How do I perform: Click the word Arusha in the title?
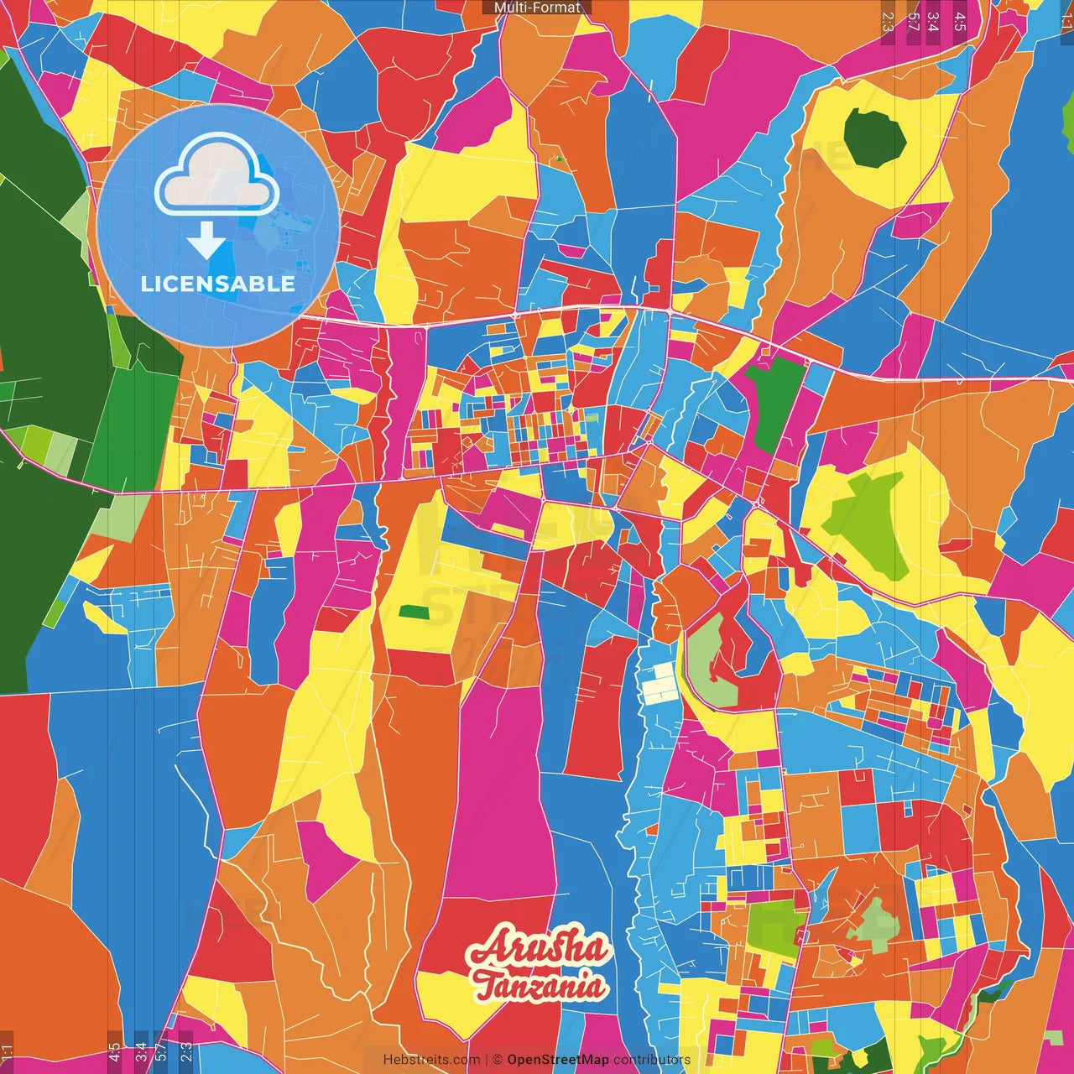point(537,949)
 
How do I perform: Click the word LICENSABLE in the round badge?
point(217,284)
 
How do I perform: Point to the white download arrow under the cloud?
point(206,240)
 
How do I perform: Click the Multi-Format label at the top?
point(537,8)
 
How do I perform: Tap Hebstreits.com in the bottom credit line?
point(431,1060)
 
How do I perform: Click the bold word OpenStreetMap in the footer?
point(557,1060)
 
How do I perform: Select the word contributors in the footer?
point(652,1060)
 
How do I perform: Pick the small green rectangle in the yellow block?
point(413,612)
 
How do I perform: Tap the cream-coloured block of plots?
point(660,684)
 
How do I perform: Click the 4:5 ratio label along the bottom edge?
point(114,1052)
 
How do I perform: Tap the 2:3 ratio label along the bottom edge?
point(186,1052)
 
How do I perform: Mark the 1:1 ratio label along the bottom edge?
point(8,1052)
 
